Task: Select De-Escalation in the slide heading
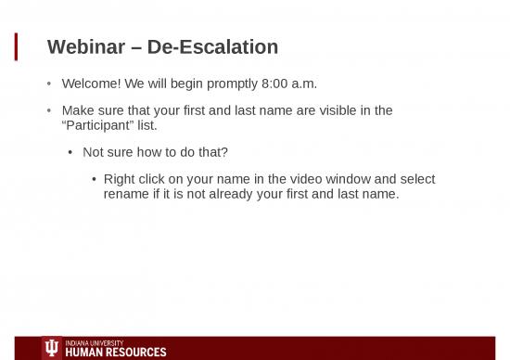coord(212,46)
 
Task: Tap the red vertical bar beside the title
coord(16,46)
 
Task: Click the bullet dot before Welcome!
coord(50,84)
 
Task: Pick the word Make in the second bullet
coord(79,110)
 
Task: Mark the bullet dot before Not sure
coord(71,153)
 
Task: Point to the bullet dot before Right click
coord(94,180)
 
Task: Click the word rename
coord(128,194)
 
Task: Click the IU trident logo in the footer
coord(52,348)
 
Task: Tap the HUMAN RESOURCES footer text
coord(116,353)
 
